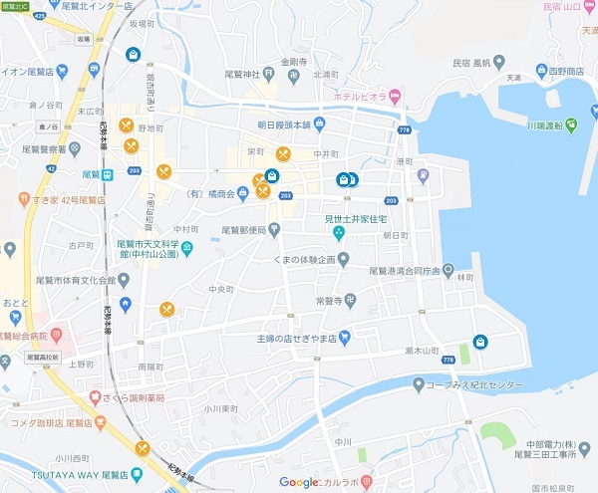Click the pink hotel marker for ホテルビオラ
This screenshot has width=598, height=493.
pyautogui.click(x=395, y=97)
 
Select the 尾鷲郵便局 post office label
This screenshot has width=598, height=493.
pyautogui.click(x=243, y=229)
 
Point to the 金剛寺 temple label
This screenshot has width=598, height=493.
pyautogui.click(x=296, y=61)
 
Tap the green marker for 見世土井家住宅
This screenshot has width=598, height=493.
pyautogui.click(x=339, y=233)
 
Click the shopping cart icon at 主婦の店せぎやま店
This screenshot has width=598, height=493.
pyautogui.click(x=344, y=337)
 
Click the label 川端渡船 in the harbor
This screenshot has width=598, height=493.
pyautogui.click(x=523, y=125)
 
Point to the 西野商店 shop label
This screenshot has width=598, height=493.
pyautogui.click(x=562, y=72)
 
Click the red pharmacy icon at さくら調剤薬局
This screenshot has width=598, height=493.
pyautogui.click(x=94, y=397)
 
